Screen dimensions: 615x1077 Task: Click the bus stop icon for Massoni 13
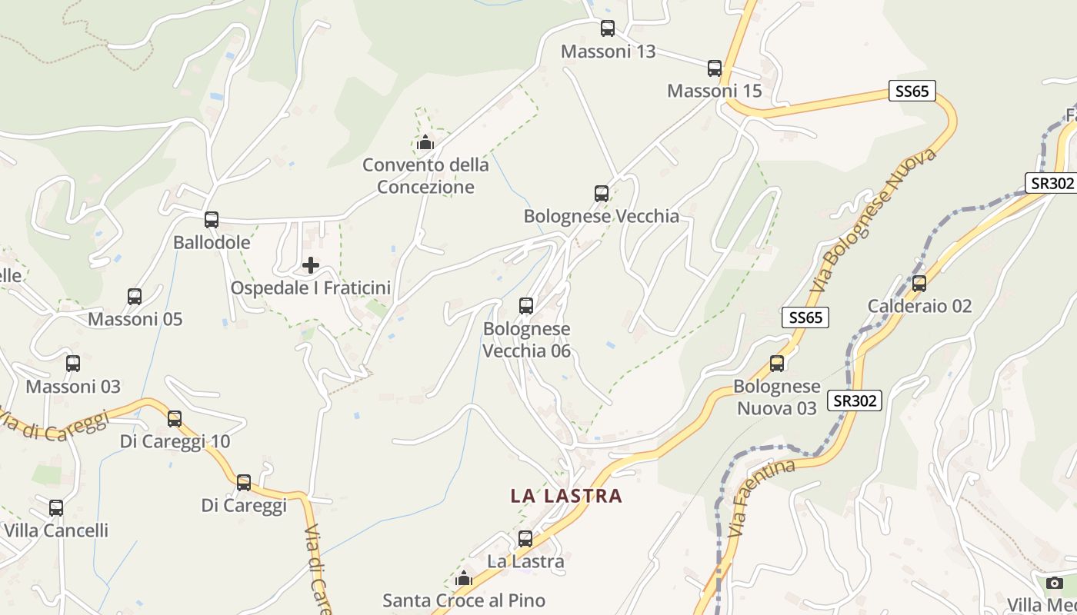pos(607,28)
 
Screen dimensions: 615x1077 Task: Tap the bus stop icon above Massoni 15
pos(715,68)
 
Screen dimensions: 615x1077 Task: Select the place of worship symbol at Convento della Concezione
pos(425,142)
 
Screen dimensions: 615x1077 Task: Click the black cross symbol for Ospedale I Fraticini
pos(311,265)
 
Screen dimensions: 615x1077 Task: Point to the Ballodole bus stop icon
pos(212,220)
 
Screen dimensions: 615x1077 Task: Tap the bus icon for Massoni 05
pos(135,296)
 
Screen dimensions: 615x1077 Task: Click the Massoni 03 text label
pos(73,386)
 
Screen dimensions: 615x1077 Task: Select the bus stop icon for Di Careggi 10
pos(175,419)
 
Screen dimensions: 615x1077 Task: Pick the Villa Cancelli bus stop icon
pos(56,508)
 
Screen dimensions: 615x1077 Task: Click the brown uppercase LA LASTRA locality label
pos(566,496)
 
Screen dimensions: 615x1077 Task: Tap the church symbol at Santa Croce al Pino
pos(464,578)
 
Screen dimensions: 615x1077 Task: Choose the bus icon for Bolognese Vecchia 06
pos(526,306)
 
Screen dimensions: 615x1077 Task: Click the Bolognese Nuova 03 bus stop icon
pos(777,364)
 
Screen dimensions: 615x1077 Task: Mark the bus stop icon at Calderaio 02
pos(919,284)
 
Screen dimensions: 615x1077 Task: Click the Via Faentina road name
pos(761,497)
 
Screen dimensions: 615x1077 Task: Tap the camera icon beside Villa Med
pos(1055,583)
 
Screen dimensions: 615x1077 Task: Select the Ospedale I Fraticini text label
pos(311,288)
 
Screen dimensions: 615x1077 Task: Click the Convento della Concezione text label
pos(425,175)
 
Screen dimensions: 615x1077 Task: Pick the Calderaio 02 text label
pos(919,306)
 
